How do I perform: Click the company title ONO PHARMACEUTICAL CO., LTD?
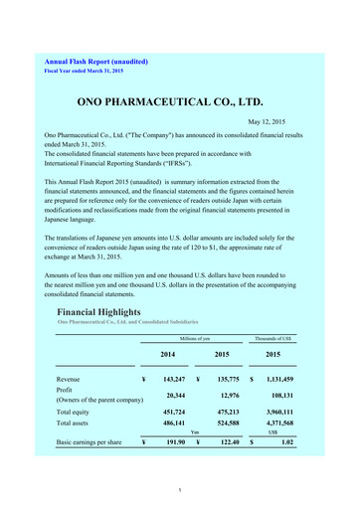point(179,101)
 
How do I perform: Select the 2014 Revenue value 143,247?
point(173,379)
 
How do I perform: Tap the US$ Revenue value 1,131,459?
point(285,379)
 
